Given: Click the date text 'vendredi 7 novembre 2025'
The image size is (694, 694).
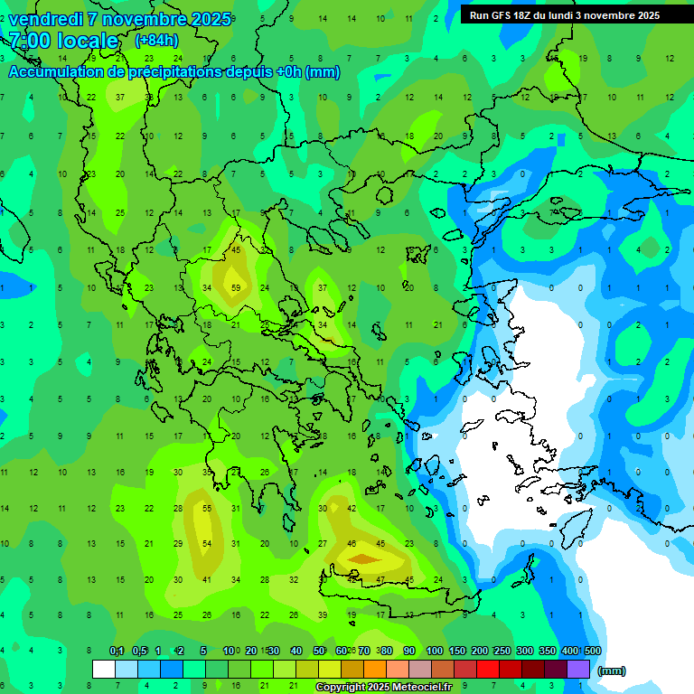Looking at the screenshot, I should (x=120, y=19).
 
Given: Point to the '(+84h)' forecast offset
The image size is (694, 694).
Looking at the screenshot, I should (x=156, y=41).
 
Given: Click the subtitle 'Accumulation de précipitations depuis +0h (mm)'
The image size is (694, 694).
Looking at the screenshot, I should (x=174, y=72).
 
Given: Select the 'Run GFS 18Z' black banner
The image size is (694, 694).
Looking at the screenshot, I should (x=565, y=15).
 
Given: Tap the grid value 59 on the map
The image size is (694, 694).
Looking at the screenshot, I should (x=236, y=288).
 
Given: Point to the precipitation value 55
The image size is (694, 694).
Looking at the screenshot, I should (x=207, y=509).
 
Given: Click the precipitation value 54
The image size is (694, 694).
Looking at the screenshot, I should (x=207, y=543).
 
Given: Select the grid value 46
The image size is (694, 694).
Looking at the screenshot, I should (x=352, y=543).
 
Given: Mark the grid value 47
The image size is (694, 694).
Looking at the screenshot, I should (x=380, y=579).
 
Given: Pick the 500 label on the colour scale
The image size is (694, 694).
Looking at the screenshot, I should (x=592, y=651).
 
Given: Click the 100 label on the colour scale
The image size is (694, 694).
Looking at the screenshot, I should (x=434, y=651).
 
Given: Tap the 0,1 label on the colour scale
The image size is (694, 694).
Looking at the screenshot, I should (x=117, y=651).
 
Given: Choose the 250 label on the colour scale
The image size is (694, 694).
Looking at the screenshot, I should (x=502, y=651).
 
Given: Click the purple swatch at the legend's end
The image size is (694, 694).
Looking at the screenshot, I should (x=579, y=670).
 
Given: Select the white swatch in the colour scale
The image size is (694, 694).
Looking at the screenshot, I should (x=104, y=670).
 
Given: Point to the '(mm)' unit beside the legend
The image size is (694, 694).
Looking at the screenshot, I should (x=612, y=671).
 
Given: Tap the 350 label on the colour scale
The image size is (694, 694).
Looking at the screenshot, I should (x=547, y=651).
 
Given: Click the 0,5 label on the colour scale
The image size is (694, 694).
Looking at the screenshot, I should (x=139, y=651).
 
